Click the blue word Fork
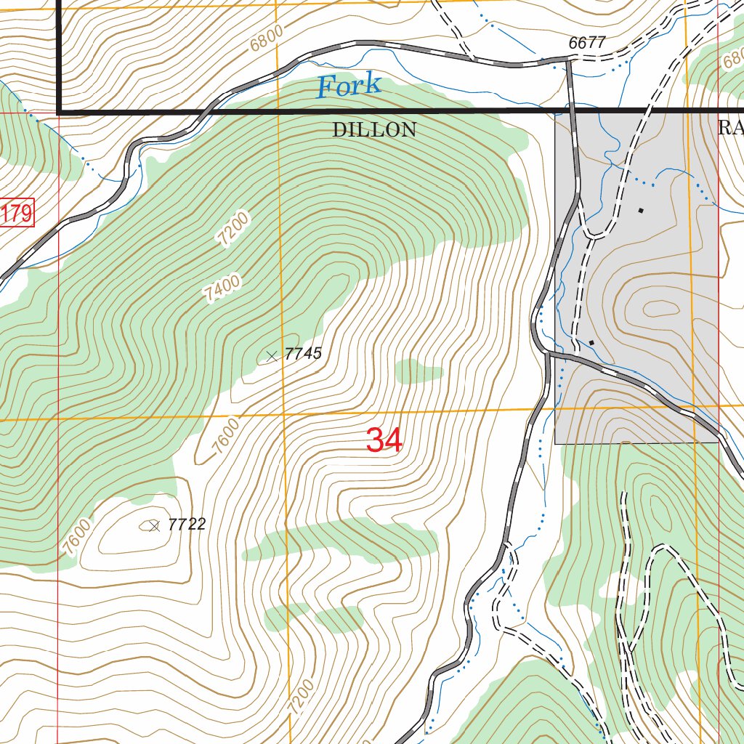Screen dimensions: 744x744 (x=348, y=86)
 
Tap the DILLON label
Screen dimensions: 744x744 (x=374, y=130)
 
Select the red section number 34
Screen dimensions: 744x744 (x=384, y=440)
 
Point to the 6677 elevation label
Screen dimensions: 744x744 (x=587, y=43)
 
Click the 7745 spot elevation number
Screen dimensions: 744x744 (x=303, y=355)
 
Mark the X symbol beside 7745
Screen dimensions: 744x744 (x=272, y=355)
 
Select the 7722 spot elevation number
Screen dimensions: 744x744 (x=187, y=525)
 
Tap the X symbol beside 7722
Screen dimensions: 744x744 (x=154, y=526)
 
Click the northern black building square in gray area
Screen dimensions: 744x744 (x=640, y=211)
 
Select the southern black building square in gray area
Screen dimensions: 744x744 (x=591, y=342)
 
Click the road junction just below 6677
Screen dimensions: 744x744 (x=569, y=61)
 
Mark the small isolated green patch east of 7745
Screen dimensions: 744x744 (x=418, y=373)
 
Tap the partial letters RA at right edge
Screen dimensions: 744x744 (x=730, y=129)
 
